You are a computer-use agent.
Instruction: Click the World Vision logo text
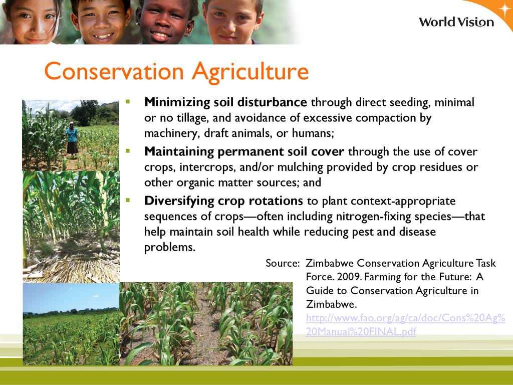point(456,22)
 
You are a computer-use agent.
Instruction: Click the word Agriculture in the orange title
point(250,72)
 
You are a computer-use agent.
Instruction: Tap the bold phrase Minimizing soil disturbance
point(225,102)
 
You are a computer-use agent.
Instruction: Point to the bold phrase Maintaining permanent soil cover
point(244,151)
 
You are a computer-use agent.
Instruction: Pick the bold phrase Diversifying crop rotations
point(223,201)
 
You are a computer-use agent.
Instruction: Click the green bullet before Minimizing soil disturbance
point(128,102)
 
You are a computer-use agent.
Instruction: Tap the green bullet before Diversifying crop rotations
point(128,200)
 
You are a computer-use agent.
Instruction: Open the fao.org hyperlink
point(406,324)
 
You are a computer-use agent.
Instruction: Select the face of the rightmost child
point(233,21)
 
